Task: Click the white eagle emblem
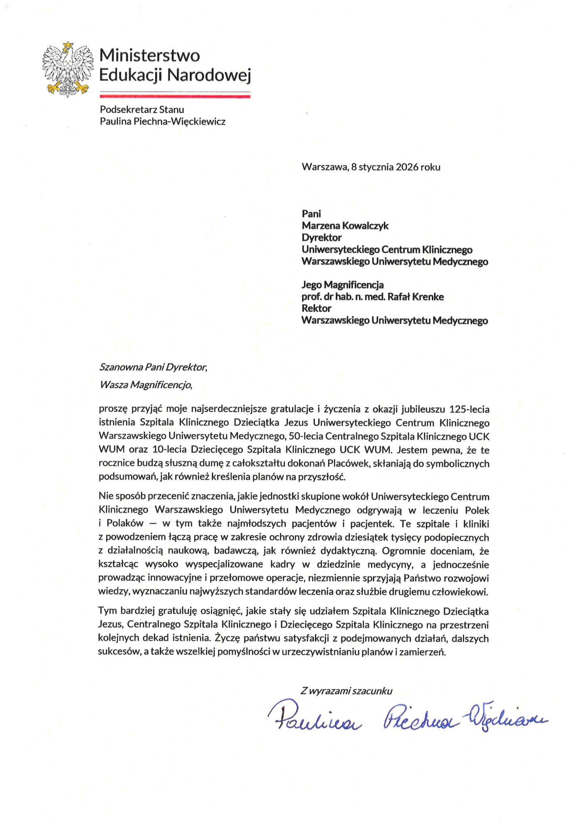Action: [x=67, y=70]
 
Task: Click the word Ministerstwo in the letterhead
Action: [x=149, y=55]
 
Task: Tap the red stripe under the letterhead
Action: [x=175, y=96]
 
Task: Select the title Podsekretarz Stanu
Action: [x=142, y=110]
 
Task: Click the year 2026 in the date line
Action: [x=407, y=167]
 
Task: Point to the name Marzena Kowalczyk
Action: [x=345, y=226]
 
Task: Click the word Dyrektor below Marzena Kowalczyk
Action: [x=321, y=238]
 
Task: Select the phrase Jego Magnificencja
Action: [x=343, y=285]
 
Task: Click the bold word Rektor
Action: [x=316, y=308]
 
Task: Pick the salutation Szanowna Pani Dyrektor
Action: [x=153, y=367]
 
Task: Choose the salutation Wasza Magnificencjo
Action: [x=146, y=385]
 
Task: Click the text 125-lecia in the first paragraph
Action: [x=469, y=409]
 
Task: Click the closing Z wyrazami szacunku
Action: [x=346, y=691]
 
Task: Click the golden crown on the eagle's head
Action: [x=68, y=44]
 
